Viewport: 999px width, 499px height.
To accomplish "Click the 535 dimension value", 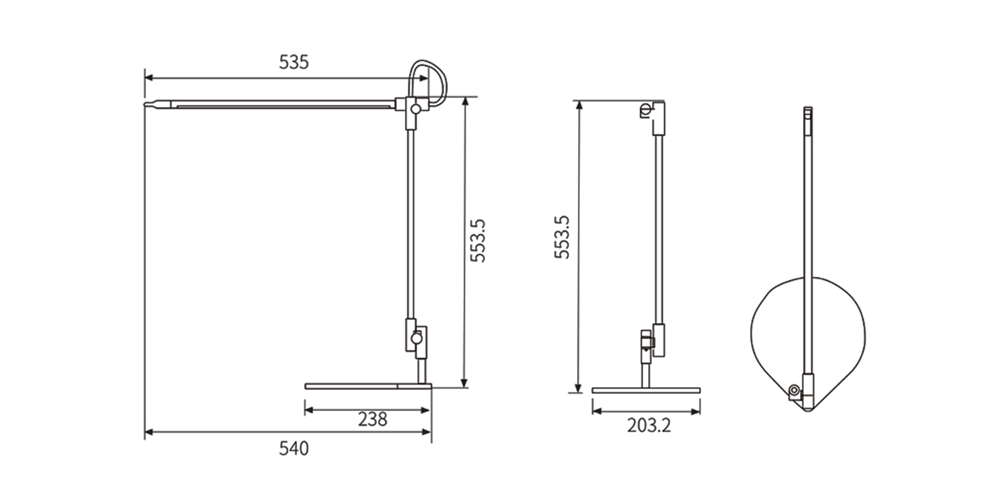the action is (x=294, y=62).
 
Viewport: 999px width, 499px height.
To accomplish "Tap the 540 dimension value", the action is (x=294, y=449).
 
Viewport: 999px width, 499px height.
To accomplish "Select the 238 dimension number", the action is (x=372, y=419).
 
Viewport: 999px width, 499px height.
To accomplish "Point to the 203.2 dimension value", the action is (x=649, y=426).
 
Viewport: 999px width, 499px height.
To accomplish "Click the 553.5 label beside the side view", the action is (x=478, y=241).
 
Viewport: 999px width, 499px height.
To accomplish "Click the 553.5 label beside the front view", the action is (x=562, y=237).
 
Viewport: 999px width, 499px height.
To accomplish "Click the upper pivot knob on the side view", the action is (x=415, y=109).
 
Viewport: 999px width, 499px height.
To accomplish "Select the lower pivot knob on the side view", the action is (x=417, y=338).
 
